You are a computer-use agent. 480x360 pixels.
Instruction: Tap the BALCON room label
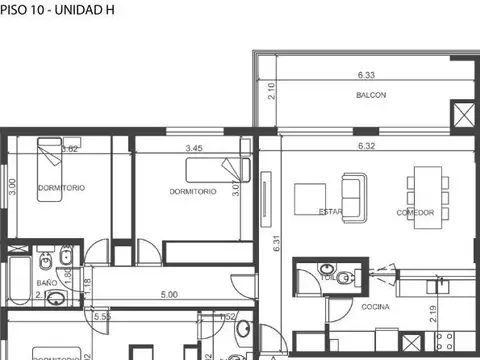(x=371, y=96)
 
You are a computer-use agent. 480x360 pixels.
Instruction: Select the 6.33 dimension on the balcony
(x=366, y=74)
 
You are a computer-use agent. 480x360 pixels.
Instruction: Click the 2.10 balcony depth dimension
(x=271, y=93)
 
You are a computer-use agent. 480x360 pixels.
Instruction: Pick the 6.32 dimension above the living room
(x=368, y=146)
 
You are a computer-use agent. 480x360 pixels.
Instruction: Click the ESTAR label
(x=331, y=212)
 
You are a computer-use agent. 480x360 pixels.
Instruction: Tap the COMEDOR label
(x=415, y=213)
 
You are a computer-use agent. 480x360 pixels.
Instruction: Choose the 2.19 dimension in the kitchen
(x=432, y=317)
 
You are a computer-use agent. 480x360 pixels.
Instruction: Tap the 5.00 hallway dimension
(x=169, y=295)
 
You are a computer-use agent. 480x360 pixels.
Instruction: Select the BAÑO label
(x=47, y=283)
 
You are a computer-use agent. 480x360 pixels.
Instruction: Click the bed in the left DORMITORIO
(x=54, y=157)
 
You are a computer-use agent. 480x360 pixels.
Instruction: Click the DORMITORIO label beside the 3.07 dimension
(x=193, y=191)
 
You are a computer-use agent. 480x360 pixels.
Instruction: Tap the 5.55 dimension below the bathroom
(x=102, y=317)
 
